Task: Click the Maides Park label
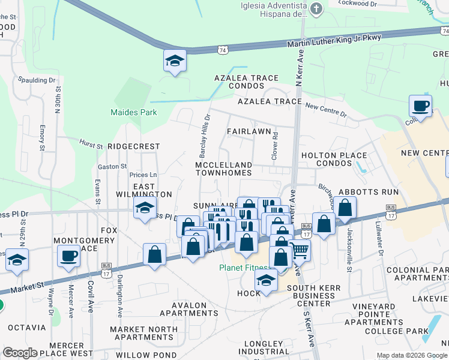(x=133, y=112)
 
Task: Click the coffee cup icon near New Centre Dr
(x=420, y=106)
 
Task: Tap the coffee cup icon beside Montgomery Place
(x=68, y=256)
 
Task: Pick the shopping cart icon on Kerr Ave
(x=300, y=250)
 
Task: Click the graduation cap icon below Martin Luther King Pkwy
(x=175, y=61)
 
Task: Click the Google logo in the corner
(x=20, y=353)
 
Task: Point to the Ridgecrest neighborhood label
(x=133, y=146)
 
